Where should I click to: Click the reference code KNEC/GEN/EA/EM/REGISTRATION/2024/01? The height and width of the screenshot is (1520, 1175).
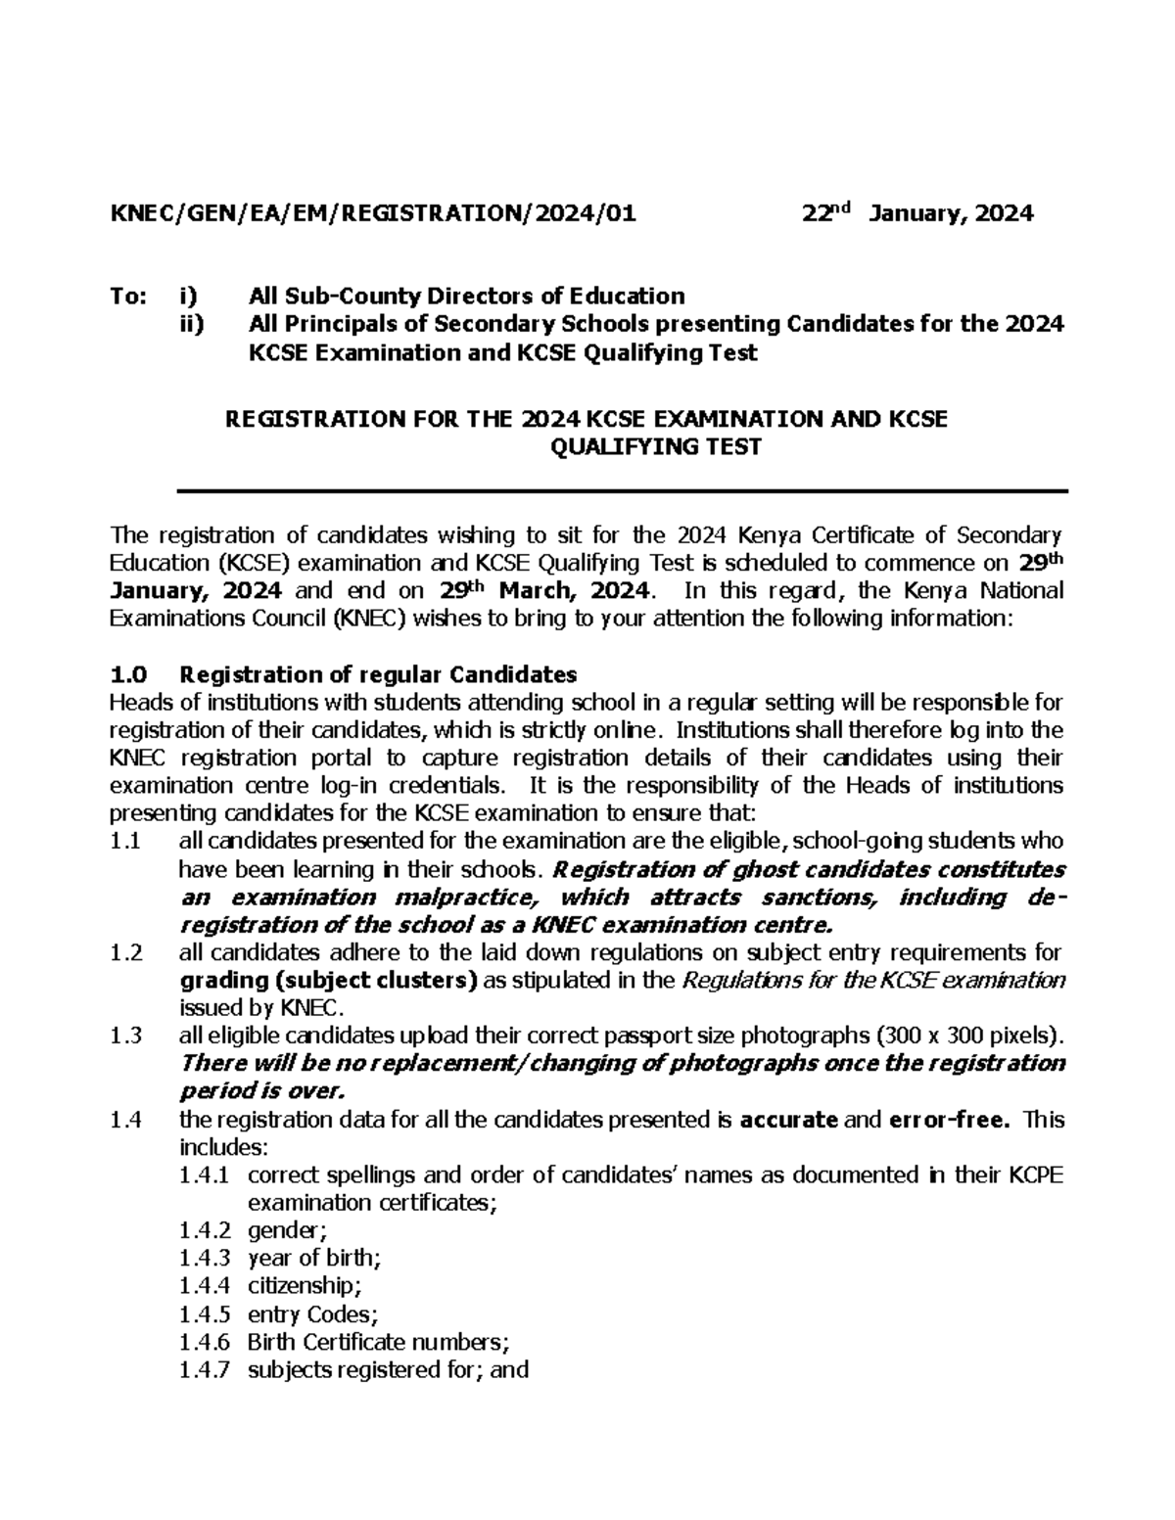point(373,213)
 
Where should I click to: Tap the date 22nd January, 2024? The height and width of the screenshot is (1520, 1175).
point(917,212)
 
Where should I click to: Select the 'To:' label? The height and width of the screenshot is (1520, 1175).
point(127,296)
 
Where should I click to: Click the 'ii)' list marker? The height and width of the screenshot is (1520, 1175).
point(192,324)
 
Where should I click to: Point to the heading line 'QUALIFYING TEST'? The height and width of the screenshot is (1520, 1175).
point(656,447)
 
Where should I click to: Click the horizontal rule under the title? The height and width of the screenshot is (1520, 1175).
point(621,490)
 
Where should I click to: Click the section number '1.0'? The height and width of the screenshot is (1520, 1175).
point(127,674)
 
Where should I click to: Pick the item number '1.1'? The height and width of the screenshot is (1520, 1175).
point(126,841)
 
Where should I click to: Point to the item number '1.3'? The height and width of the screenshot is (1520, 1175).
point(127,1036)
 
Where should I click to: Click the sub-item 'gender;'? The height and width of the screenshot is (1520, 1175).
point(285,1230)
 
